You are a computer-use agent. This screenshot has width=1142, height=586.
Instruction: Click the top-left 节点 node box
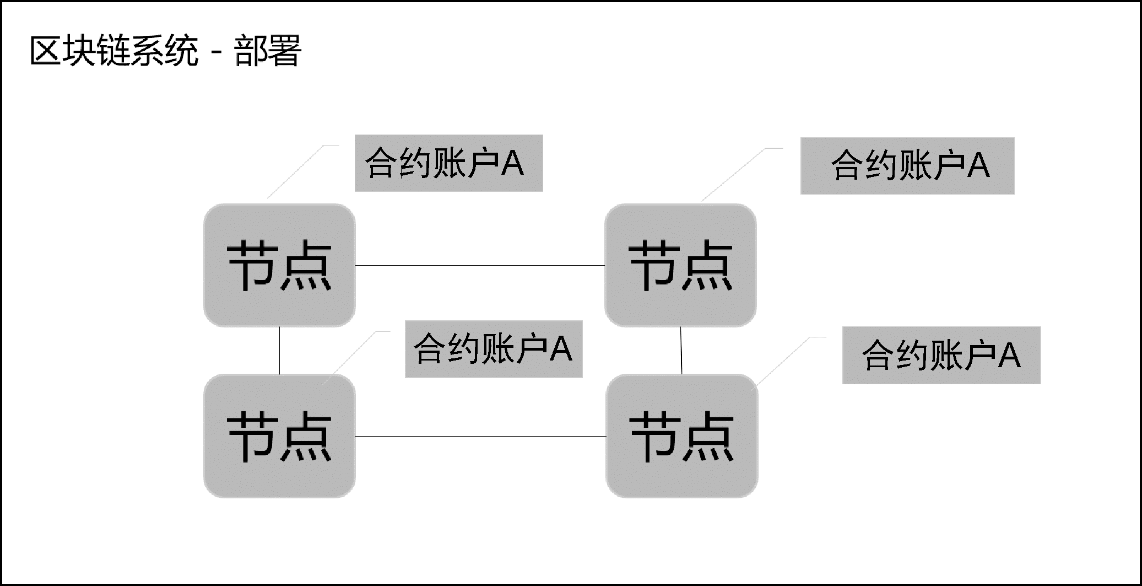tap(279, 265)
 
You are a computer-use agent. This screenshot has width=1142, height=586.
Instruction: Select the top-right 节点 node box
tap(680, 265)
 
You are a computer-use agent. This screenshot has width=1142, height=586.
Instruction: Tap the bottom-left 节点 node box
tap(279, 436)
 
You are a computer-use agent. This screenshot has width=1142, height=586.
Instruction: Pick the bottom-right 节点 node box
tap(681, 436)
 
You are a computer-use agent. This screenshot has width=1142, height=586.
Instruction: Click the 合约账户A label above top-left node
tap(448, 163)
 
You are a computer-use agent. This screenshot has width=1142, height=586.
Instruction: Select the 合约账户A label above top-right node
tap(907, 166)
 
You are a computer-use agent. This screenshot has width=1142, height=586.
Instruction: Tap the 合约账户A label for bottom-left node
tap(494, 349)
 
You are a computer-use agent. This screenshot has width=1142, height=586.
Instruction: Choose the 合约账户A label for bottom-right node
tap(941, 355)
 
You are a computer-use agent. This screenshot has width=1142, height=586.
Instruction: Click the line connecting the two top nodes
tap(479, 265)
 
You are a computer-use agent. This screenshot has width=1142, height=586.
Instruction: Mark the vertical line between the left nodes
tap(279, 350)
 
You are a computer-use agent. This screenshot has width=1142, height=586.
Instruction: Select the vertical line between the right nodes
tap(681, 350)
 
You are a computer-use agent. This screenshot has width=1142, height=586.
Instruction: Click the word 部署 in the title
tap(268, 51)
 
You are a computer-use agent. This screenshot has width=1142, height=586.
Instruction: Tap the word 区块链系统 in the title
tap(113, 51)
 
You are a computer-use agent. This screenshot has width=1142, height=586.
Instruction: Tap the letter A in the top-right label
tap(978, 165)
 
